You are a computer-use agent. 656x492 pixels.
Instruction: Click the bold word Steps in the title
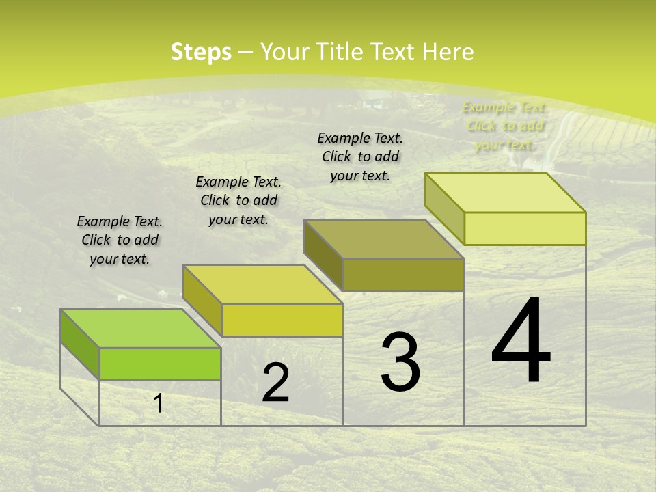tap(201, 52)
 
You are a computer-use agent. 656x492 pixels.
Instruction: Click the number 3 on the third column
tap(400, 362)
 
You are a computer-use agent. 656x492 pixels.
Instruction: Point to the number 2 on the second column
tap(276, 383)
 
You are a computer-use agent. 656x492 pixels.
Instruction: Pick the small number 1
tap(159, 403)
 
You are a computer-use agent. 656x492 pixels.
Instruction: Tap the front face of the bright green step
tap(160, 364)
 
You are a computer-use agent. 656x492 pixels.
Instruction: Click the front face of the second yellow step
tap(282, 320)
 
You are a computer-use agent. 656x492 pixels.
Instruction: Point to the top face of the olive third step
tap(383, 239)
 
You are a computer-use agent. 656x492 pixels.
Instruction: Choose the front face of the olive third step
tap(403, 275)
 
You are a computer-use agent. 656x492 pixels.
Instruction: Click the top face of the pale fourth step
tap(505, 193)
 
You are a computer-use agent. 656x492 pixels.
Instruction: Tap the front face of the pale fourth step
tap(525, 228)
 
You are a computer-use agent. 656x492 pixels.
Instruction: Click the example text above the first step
tap(120, 241)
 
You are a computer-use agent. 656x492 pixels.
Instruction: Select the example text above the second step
tap(238, 200)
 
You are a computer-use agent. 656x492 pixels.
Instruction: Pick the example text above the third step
tap(360, 156)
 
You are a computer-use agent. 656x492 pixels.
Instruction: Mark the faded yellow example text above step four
tap(505, 126)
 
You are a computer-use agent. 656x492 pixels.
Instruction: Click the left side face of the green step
tap(80, 344)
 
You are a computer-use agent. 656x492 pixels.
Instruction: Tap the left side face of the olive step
tap(323, 254)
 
